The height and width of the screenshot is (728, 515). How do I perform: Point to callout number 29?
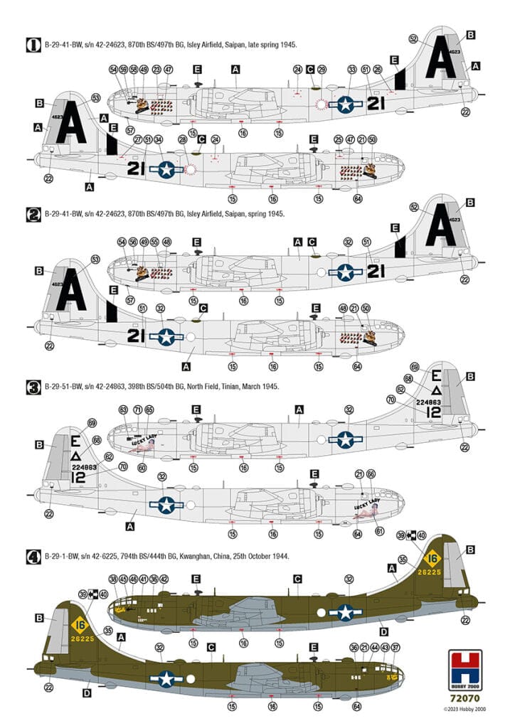click(322, 69)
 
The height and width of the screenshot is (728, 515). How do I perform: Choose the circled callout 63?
click(123, 409)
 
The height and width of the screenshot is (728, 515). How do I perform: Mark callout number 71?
click(137, 409)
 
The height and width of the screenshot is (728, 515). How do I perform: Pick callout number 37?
click(396, 648)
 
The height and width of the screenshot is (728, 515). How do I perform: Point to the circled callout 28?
click(182, 140)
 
